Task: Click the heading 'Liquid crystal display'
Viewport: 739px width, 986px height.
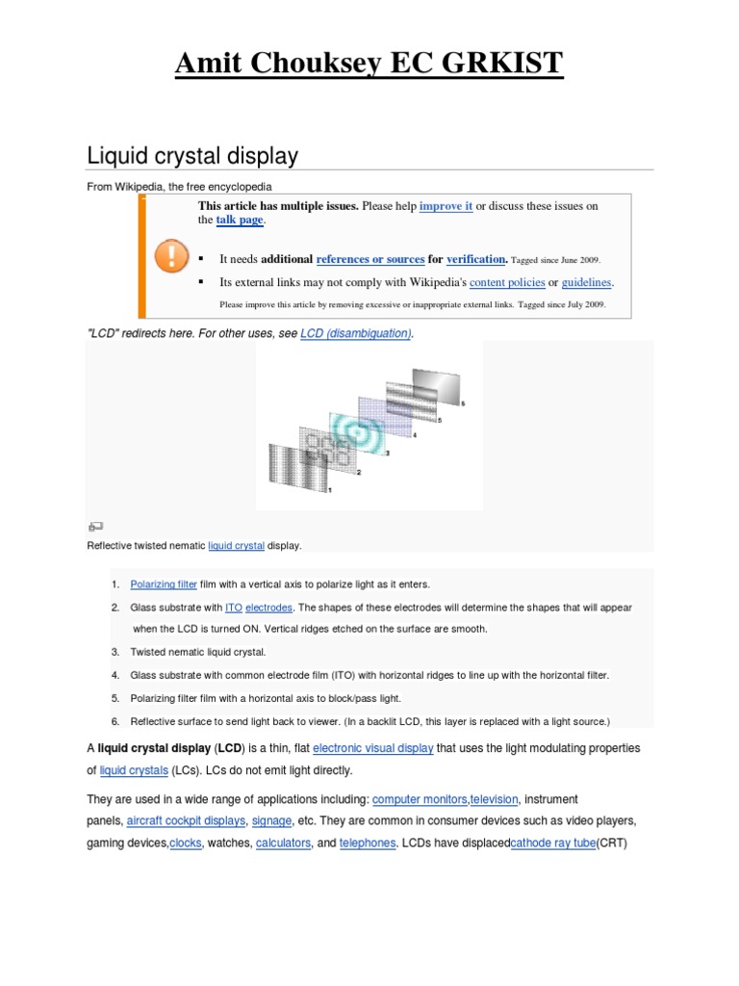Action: (192, 155)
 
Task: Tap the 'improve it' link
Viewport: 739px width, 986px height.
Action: (446, 206)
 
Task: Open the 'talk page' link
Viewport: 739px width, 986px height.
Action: (239, 221)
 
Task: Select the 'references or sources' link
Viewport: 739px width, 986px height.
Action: (370, 259)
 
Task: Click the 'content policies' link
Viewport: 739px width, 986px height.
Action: (507, 282)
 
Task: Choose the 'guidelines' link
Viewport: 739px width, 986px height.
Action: (587, 282)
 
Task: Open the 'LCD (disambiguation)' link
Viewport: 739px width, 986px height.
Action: (356, 333)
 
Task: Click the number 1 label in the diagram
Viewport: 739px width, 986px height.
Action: (329, 490)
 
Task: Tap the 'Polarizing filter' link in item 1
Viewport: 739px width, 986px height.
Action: (164, 584)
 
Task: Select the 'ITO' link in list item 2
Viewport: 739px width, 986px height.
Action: (234, 608)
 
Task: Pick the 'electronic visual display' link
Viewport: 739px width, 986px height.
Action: (373, 748)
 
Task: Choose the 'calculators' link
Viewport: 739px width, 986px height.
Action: (283, 843)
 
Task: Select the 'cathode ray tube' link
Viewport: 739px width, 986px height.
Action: (553, 843)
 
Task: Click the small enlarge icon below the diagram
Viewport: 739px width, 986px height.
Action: (94, 527)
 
